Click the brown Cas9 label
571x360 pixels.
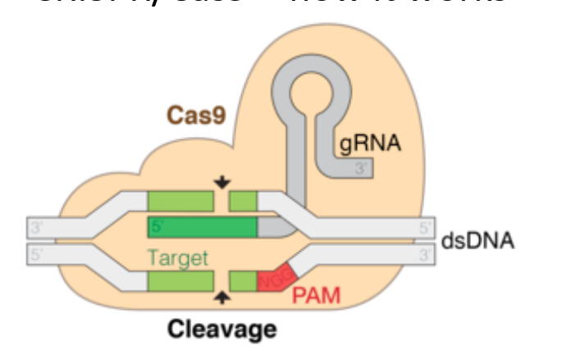tap(196, 114)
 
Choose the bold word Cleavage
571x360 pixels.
tap(222, 330)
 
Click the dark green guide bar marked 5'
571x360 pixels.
tap(202, 226)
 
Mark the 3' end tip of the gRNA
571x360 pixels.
tap(361, 168)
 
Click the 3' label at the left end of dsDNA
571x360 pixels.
tap(37, 227)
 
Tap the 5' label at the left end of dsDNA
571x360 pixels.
tap(37, 254)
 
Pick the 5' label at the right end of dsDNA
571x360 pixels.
tap(424, 227)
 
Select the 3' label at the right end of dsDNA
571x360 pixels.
tap(424, 254)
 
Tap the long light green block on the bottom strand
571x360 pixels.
tap(180, 281)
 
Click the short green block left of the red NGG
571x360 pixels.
tap(243, 281)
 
